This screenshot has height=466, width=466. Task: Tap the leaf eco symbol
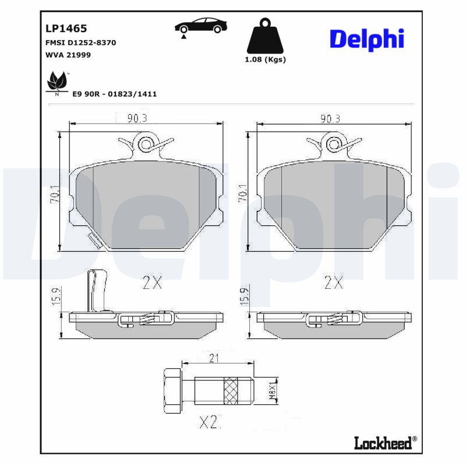coord(57,82)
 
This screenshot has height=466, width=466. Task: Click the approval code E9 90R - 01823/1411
coord(115,94)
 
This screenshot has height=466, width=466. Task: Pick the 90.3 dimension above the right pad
coord(330,118)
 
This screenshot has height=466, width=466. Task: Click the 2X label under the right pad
coord(334,284)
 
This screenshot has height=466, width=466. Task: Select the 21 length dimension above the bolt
coord(214,358)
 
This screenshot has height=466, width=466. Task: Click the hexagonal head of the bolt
coord(172,390)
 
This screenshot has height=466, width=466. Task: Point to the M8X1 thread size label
coord(271,390)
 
